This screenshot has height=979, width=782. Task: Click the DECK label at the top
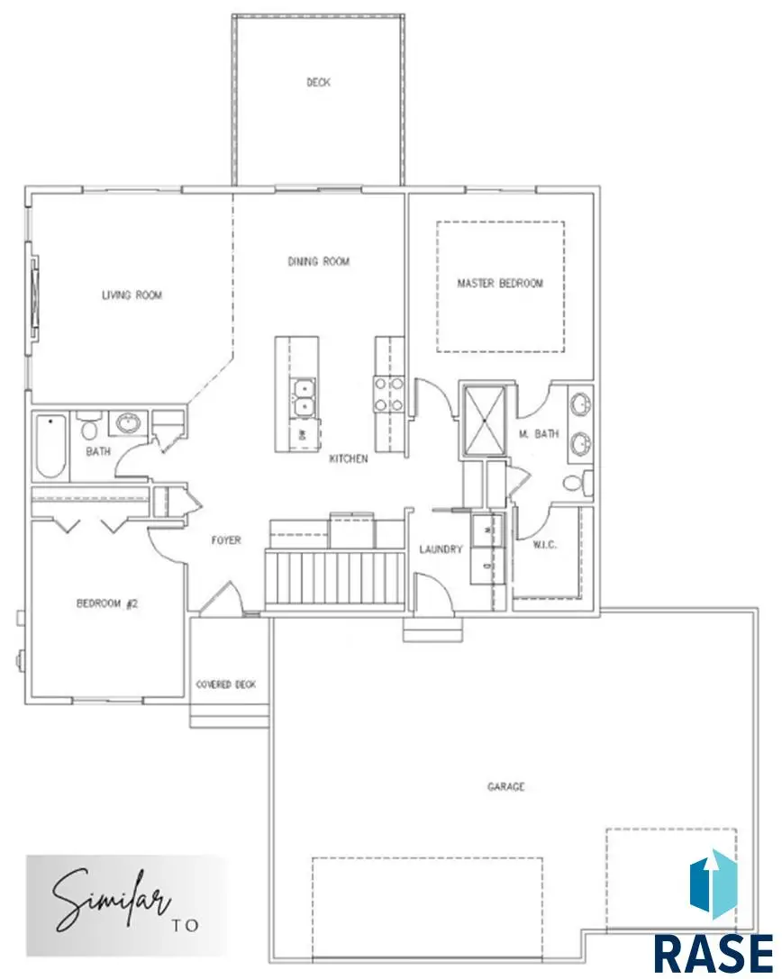tap(318, 83)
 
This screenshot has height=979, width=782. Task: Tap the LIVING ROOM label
tap(132, 295)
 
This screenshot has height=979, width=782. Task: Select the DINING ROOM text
tap(318, 262)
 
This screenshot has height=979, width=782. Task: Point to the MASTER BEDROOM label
tap(500, 284)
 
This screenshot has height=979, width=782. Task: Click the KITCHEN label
tap(349, 459)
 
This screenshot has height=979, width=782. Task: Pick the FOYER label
tap(226, 541)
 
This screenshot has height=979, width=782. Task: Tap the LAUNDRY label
tap(441, 549)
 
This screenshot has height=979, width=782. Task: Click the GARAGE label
tap(506, 786)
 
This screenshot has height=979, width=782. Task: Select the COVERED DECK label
tap(226, 685)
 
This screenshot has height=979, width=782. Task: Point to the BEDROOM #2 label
tap(106, 604)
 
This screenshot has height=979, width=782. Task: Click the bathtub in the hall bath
tap(50, 447)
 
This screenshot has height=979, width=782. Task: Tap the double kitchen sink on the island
tap(304, 397)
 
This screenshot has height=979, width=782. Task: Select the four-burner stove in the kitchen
tap(389, 394)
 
